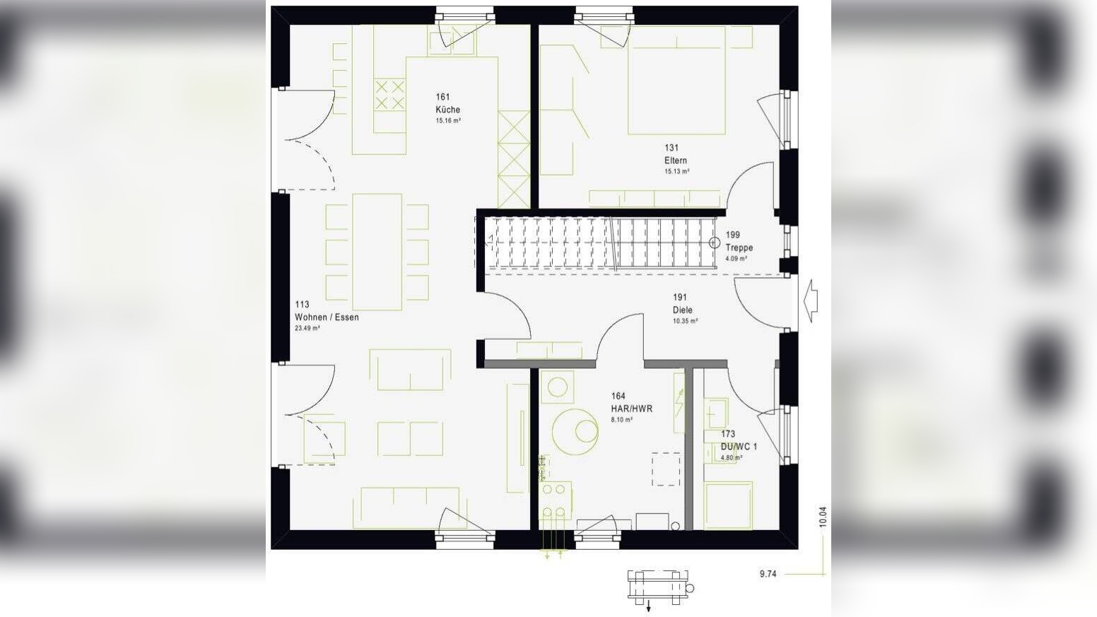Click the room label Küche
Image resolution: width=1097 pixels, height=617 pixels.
coord(447,110)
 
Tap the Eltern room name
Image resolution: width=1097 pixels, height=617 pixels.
coord(675,160)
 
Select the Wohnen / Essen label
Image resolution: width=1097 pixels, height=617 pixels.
coord(327,317)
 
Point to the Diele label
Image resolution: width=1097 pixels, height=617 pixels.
coord(683,310)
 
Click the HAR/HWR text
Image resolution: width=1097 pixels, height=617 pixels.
coord(632,409)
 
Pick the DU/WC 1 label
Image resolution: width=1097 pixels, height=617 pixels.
coord(739,447)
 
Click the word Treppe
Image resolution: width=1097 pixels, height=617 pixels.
coord(739,247)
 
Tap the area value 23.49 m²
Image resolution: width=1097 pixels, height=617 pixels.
coord(307,328)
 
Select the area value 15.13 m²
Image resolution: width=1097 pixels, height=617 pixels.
coord(677,171)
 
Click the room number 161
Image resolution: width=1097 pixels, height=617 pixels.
coord(442,97)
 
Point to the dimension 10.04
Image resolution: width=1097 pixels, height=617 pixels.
coord(822,517)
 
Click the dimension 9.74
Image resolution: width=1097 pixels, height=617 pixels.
coord(768,574)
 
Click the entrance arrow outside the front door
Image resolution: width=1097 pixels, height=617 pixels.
coord(811,300)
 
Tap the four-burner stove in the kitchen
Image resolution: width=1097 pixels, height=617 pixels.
coord(389,95)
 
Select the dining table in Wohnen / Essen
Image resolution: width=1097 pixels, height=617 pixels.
coord(377,252)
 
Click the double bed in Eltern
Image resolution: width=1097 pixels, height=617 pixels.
coord(676,80)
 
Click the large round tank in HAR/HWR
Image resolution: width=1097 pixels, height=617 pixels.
coord(575,432)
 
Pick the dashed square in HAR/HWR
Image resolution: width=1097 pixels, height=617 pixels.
coord(666,469)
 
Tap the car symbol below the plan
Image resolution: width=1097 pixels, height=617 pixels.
coord(659,587)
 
